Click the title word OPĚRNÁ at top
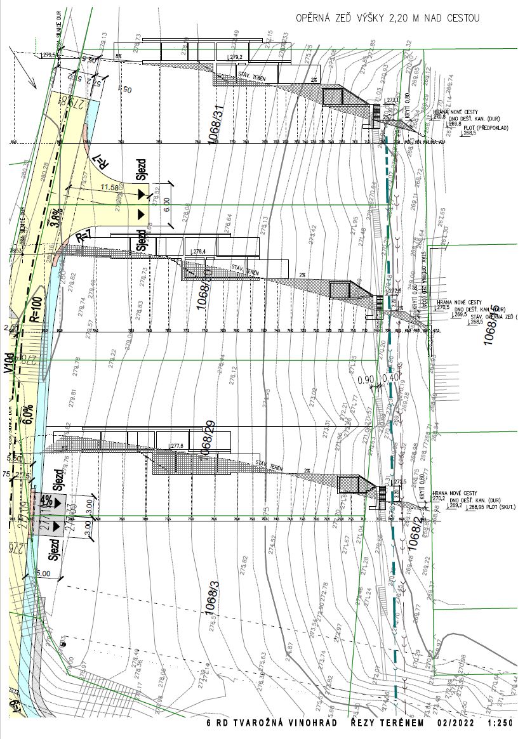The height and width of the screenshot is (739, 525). click(x=314, y=19)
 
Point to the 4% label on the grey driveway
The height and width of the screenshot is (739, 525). click(x=46, y=500)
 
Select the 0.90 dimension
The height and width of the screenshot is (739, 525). click(x=365, y=380)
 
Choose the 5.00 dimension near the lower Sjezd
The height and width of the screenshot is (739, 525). click(x=43, y=573)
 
